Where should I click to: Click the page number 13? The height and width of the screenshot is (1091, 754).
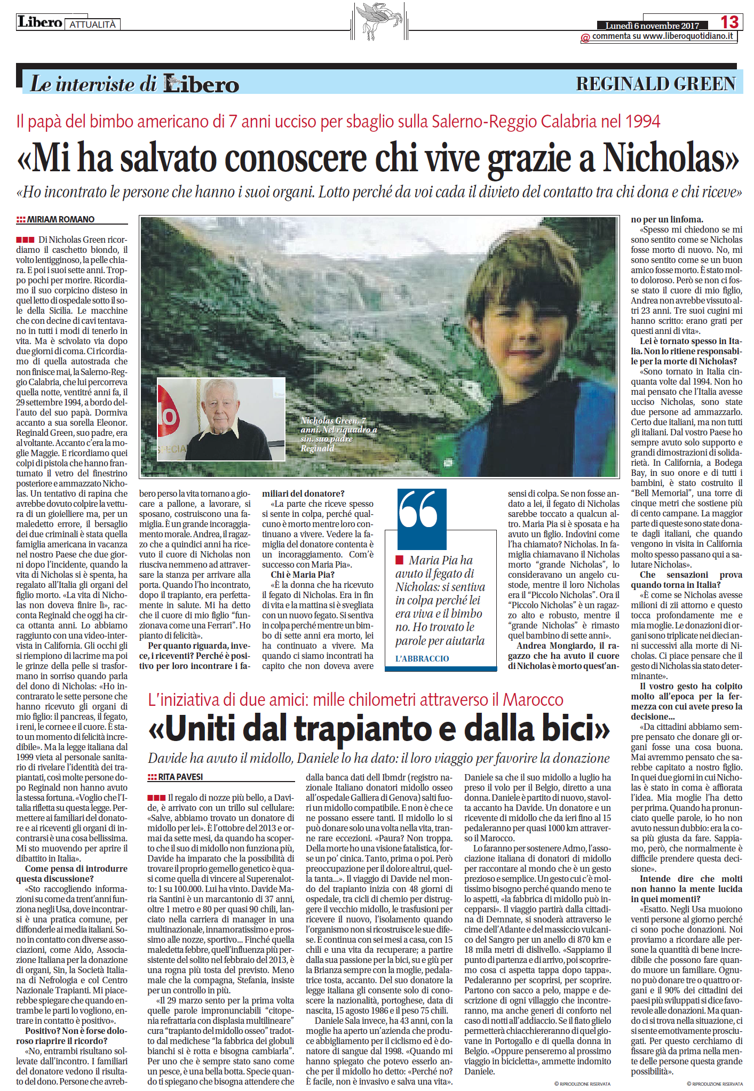[x=729, y=22]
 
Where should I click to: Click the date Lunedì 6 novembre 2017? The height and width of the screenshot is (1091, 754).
[x=652, y=26]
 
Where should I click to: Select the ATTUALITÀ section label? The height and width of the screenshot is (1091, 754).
[x=92, y=25]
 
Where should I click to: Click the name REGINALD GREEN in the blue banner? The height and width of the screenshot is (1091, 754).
[x=656, y=84]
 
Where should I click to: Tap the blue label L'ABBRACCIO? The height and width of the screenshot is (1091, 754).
[x=422, y=658]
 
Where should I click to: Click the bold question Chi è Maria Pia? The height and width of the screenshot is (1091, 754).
[x=303, y=575]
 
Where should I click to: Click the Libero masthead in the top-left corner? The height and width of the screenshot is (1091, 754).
[x=40, y=22]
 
